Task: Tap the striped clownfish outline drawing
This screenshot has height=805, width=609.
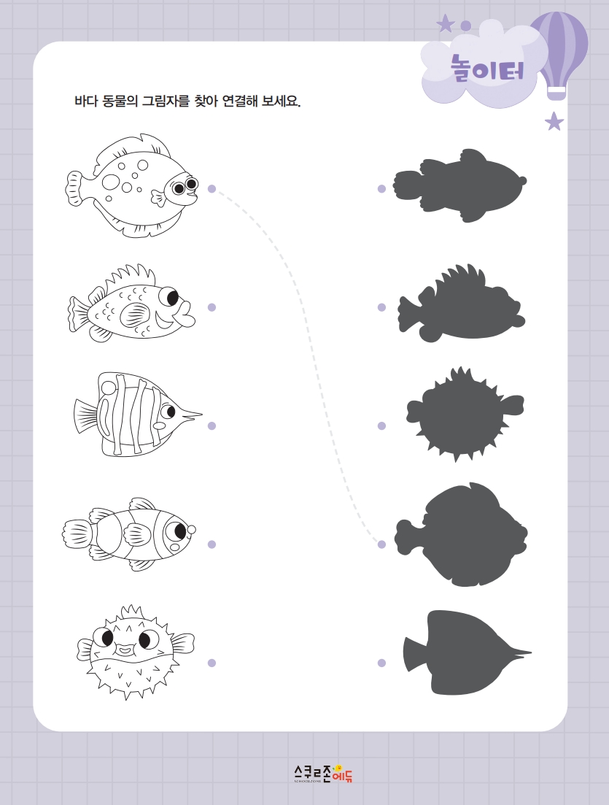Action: point(129,534)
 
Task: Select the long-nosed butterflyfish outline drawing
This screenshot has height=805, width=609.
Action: point(138,414)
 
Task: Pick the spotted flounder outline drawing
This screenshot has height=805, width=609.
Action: point(132,186)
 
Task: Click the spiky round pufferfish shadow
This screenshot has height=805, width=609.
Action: point(465,414)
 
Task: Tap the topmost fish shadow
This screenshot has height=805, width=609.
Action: point(459,185)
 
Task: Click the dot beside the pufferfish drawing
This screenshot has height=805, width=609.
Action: point(212,663)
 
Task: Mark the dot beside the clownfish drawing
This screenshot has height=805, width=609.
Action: point(212,544)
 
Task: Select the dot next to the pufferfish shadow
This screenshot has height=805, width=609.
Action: point(381,425)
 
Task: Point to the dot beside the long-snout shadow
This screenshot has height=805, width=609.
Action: point(381,663)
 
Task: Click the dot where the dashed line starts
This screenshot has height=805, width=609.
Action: point(212,189)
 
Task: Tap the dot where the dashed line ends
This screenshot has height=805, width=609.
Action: point(381,544)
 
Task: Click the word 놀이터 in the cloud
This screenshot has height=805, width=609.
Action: point(487,69)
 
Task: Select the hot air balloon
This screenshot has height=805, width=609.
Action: point(558,55)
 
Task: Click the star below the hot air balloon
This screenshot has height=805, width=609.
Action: point(554,122)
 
